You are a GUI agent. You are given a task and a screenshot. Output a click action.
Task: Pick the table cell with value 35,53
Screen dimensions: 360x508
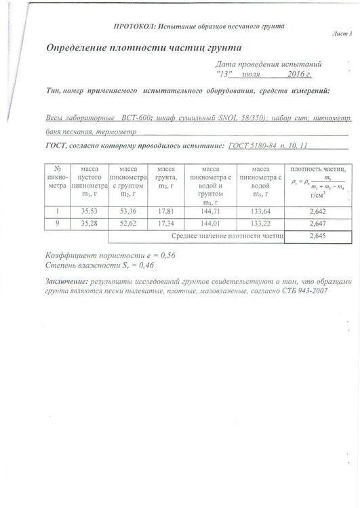click(x=90, y=212)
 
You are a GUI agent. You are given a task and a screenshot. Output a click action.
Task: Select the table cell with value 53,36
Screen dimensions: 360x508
click(x=128, y=212)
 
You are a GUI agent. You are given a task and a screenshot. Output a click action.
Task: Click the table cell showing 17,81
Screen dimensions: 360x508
click(x=166, y=212)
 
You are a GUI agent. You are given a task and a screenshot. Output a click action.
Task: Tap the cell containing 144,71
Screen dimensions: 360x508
click(x=212, y=212)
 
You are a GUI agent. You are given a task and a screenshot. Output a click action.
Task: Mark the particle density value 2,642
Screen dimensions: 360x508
click(x=318, y=212)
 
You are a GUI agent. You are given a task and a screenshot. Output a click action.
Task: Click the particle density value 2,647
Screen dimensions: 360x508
click(x=318, y=224)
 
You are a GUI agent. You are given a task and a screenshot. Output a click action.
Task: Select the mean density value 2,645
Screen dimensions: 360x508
click(x=318, y=236)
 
